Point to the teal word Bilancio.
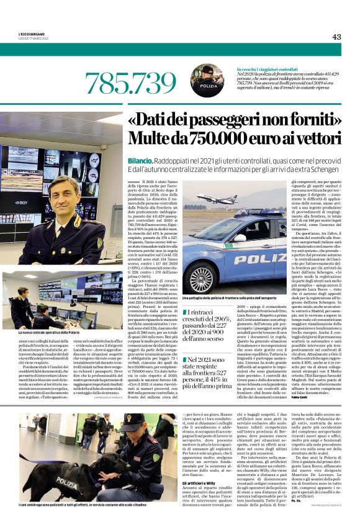(x=143, y=160)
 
